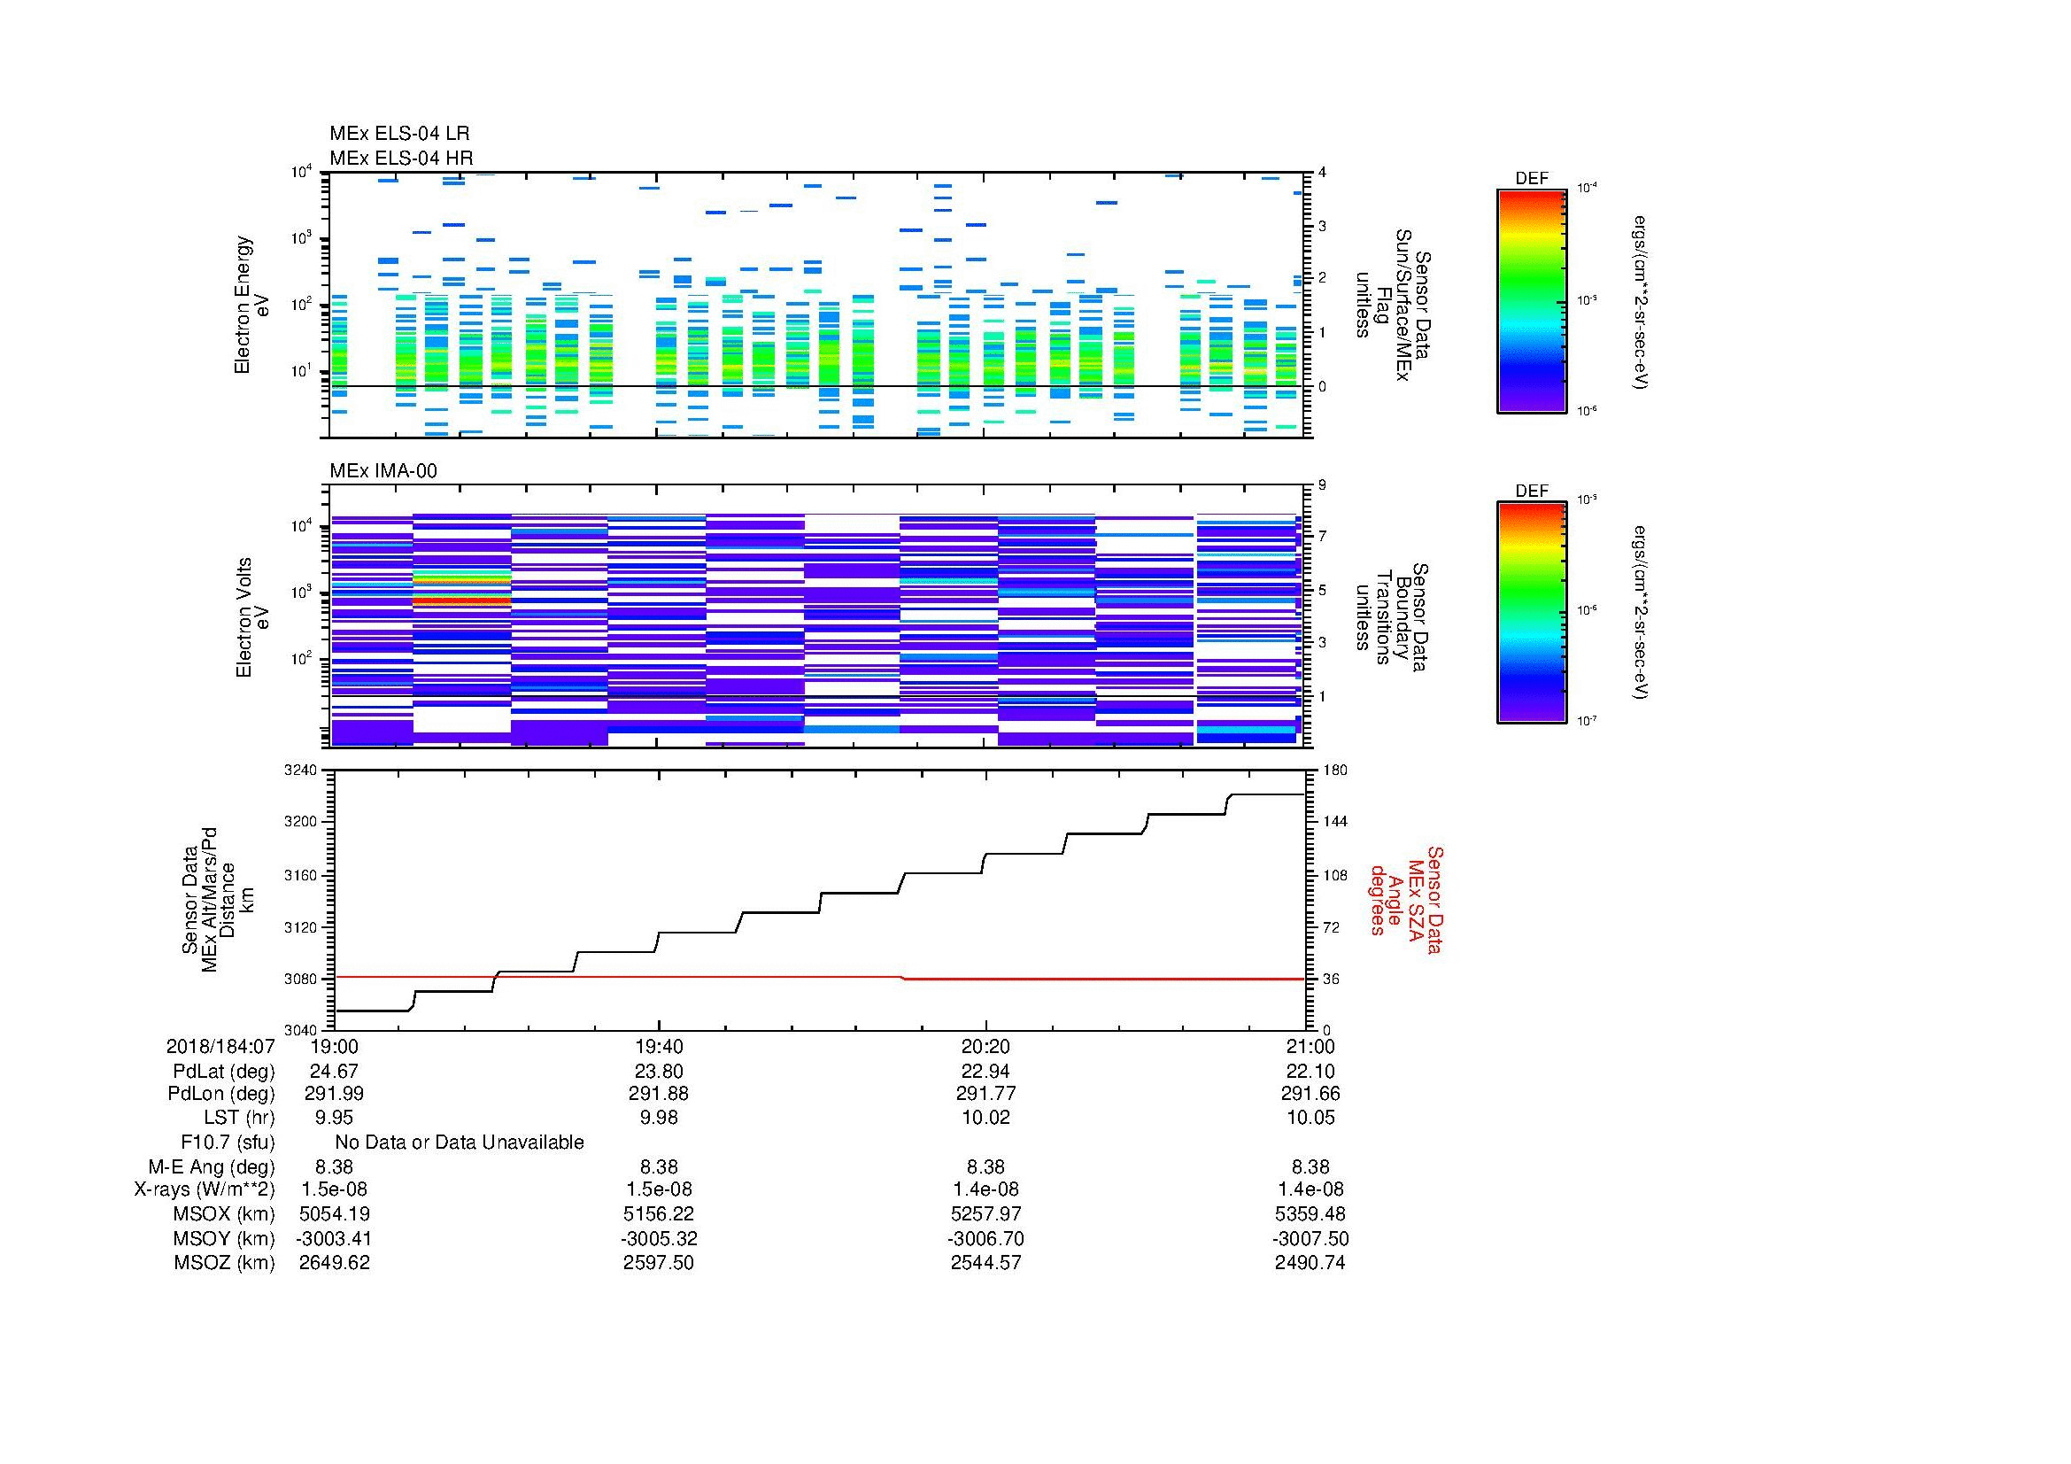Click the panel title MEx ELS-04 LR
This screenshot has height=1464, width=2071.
[398, 134]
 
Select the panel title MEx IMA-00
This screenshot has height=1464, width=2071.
[383, 471]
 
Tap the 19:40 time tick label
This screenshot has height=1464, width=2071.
[659, 1046]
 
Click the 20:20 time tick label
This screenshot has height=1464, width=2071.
[985, 1046]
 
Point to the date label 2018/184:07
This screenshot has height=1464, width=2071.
[220, 1046]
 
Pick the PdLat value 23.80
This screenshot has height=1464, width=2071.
[659, 1071]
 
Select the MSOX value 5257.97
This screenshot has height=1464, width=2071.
[985, 1214]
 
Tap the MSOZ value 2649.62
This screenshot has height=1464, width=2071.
[334, 1263]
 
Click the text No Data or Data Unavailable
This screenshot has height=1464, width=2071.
[460, 1143]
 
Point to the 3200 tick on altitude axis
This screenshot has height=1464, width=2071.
[302, 822]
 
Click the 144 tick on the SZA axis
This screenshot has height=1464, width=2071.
[1334, 822]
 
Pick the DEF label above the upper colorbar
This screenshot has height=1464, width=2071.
[1531, 179]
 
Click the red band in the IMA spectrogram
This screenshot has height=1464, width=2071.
[462, 599]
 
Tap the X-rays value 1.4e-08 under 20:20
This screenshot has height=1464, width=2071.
[985, 1189]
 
